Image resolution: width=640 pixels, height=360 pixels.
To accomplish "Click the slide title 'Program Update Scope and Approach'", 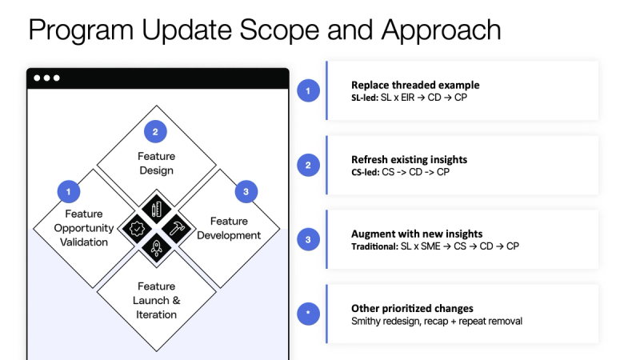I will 265,30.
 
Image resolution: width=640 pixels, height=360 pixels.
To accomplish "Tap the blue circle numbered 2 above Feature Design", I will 156,131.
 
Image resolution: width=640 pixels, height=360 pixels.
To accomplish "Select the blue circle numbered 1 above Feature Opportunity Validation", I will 70,191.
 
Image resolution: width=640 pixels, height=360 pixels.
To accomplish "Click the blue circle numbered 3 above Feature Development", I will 246,191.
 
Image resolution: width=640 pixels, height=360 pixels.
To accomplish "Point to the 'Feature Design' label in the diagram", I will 156,163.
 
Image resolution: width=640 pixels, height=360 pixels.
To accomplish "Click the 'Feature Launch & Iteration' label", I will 157,300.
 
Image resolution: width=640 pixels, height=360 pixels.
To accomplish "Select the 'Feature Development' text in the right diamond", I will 229,228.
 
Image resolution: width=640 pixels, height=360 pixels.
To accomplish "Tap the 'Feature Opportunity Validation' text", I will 84,228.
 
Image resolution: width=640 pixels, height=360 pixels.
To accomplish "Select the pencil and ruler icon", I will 157,208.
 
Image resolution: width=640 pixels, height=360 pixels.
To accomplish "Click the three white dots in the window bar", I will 46,78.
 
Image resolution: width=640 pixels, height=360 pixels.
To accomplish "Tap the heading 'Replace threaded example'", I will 415,85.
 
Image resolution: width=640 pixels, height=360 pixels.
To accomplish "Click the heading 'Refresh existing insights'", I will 409,159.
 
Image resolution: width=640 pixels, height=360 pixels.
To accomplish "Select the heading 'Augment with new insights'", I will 417,234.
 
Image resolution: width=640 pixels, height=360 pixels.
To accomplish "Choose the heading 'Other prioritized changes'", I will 412,308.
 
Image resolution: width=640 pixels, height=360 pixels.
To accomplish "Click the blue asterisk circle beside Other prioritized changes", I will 308,314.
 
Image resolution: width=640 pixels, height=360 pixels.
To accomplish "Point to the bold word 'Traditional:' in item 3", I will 374,246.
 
